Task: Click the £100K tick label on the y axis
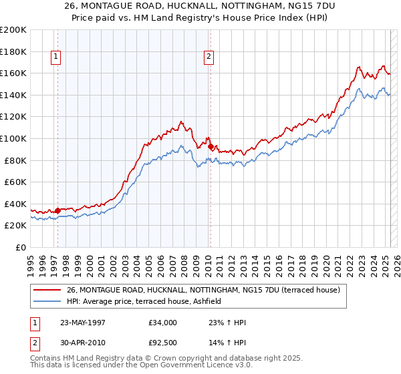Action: (13, 138)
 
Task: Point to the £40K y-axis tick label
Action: (15, 204)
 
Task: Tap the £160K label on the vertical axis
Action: (13, 73)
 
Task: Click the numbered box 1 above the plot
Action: (55, 57)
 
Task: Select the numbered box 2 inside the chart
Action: (209, 57)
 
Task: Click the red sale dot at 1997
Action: (58, 210)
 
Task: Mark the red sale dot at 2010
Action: (211, 146)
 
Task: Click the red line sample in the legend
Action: (48, 290)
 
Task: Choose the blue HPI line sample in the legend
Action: (48, 301)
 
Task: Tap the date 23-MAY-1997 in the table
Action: (83, 322)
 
